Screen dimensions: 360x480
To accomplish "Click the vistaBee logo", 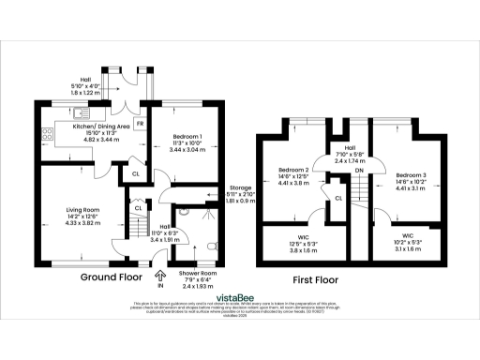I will click(x=240, y=292).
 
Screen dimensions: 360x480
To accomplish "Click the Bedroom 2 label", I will click(x=293, y=171).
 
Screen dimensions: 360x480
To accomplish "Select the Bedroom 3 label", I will click(x=411, y=175).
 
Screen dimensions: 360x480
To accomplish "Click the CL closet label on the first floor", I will click(x=337, y=197).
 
